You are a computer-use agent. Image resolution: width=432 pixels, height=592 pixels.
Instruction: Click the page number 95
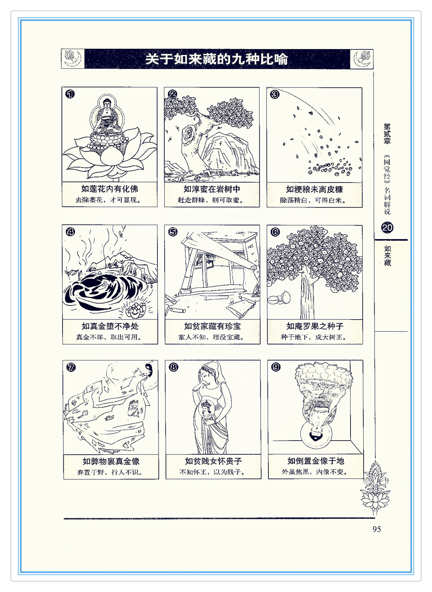(377, 529)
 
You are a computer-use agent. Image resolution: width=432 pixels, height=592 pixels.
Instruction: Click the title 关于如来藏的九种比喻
(216, 59)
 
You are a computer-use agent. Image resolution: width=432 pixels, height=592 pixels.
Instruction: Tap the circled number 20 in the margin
(387, 227)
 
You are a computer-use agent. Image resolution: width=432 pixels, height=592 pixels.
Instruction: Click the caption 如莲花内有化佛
(109, 189)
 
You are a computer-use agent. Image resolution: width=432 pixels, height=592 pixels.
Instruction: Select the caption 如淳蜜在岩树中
(212, 189)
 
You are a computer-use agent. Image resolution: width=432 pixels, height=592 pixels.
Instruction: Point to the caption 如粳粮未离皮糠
(314, 189)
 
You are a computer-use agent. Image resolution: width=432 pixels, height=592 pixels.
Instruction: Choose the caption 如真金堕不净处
(110, 326)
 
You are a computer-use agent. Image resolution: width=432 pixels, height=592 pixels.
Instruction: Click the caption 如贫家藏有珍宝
(212, 326)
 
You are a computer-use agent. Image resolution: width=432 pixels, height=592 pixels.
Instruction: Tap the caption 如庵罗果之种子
(315, 326)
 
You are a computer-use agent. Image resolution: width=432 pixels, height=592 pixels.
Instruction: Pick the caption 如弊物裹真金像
(111, 461)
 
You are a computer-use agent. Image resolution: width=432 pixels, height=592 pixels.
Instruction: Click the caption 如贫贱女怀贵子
(213, 461)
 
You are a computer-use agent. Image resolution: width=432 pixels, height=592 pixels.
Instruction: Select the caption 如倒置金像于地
(316, 461)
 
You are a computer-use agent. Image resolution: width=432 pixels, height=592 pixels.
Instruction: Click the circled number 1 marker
(70, 94)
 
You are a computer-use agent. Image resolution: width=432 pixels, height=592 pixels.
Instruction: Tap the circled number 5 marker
(173, 232)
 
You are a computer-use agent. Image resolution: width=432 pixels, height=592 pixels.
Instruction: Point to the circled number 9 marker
(276, 367)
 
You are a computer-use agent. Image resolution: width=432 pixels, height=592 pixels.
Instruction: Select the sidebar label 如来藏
(387, 255)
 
